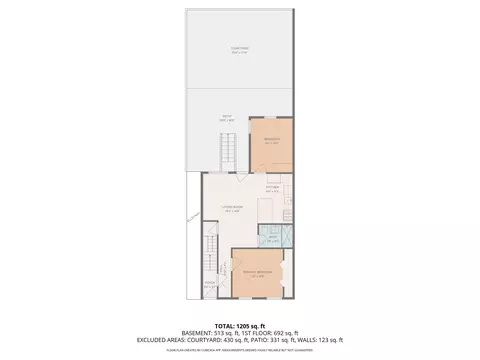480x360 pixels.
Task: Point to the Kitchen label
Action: click(272, 187)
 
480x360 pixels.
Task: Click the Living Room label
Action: click(232, 209)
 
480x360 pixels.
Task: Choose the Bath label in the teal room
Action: click(272, 237)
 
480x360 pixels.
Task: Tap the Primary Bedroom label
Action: click(258, 273)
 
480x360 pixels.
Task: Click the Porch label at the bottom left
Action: click(210, 283)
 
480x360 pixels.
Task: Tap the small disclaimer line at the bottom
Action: click(240, 349)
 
